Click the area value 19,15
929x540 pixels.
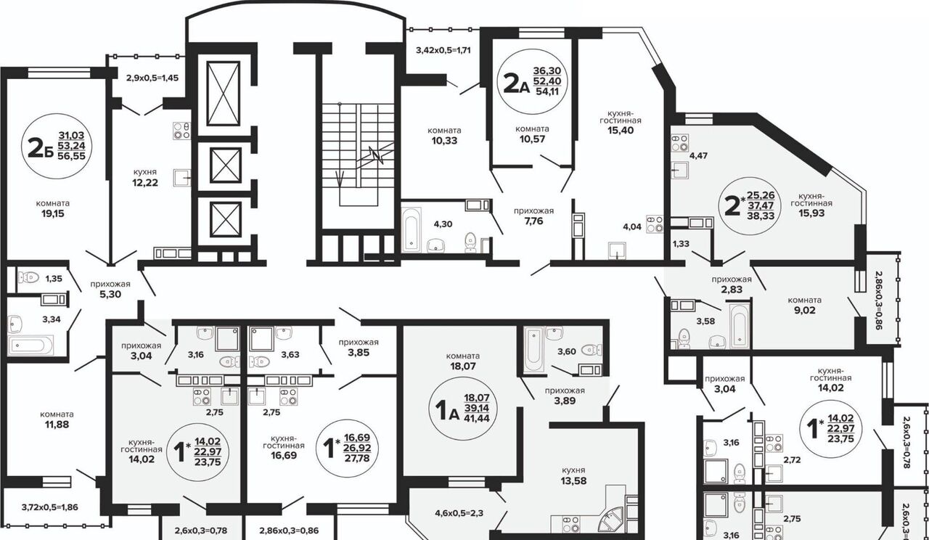coord(53,214)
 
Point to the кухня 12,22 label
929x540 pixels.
coord(145,178)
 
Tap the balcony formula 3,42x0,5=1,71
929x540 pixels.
coord(443,51)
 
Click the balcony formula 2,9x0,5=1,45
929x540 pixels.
coord(152,78)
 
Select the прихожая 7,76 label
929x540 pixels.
coord(533,216)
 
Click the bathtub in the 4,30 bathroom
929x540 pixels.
coord(412,229)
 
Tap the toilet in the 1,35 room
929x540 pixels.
coord(28,277)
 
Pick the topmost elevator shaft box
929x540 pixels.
coord(223,94)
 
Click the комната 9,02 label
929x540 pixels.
coord(805,306)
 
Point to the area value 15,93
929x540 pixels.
coord(811,213)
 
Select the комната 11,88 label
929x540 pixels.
coord(57,420)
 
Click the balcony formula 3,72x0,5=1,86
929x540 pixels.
coord(50,507)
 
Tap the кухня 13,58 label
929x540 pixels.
coord(573,475)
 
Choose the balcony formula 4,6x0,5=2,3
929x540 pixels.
coord(459,513)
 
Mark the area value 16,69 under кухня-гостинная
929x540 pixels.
coord(284,455)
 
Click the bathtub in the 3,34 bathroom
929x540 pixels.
coord(31,345)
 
